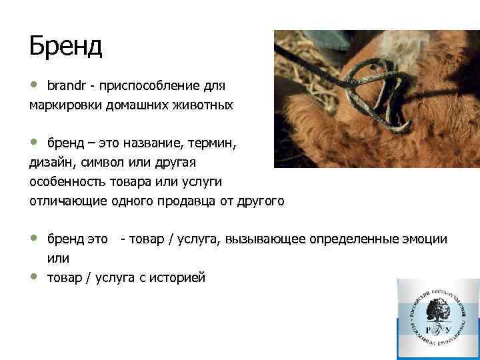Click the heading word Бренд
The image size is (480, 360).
(65, 46)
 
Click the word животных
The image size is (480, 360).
(203, 105)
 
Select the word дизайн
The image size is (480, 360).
(49, 163)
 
